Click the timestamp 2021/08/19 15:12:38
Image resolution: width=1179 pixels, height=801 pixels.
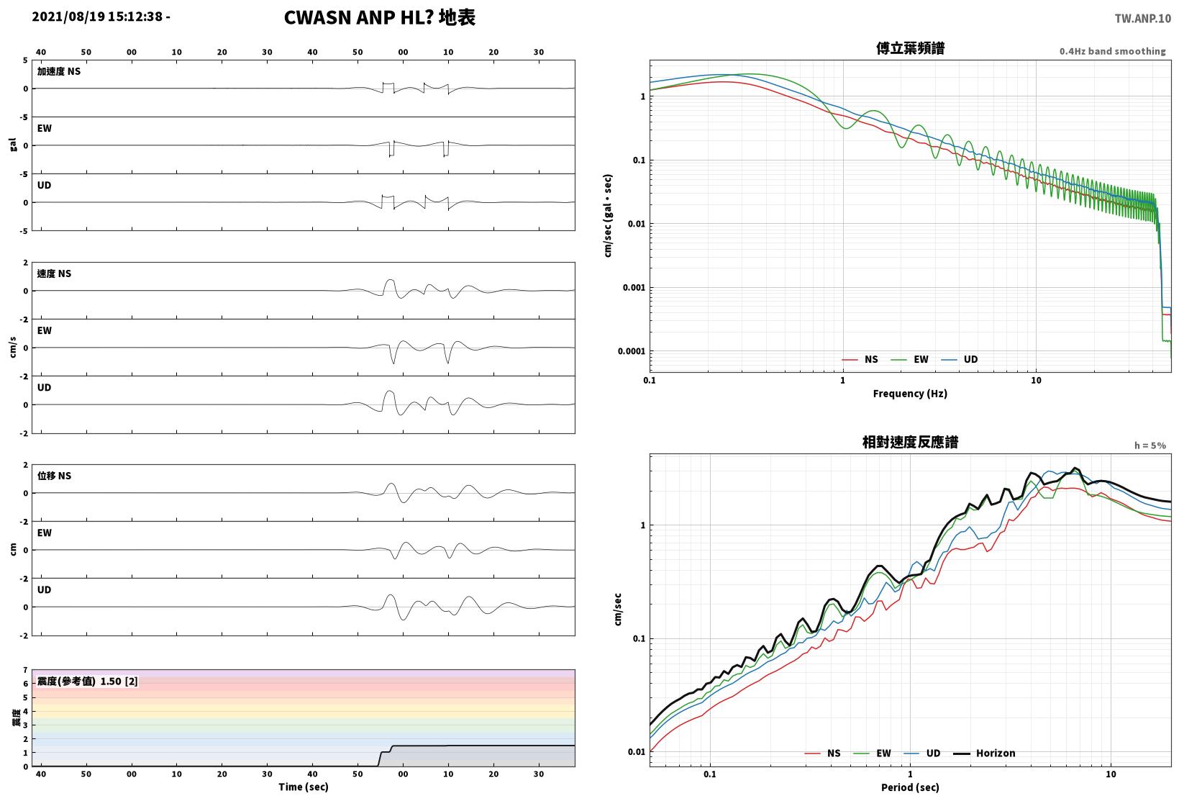[x=97, y=17]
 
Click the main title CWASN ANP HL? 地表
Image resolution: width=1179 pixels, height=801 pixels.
[x=380, y=17]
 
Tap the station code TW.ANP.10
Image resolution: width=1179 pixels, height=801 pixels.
[x=1143, y=19]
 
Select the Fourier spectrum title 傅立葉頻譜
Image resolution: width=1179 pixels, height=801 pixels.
[x=910, y=48]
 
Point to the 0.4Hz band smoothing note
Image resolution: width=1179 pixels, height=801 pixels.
[x=1113, y=51]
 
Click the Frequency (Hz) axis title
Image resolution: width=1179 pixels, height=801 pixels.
[x=910, y=394]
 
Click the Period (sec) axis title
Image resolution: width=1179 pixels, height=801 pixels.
[x=910, y=787]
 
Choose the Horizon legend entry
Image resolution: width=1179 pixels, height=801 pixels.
[x=985, y=753]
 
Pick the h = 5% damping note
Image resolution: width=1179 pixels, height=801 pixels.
[x=1150, y=445]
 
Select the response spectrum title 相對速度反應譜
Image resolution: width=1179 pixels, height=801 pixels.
[x=910, y=442]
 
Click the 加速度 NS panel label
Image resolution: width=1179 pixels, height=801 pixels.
[x=59, y=71]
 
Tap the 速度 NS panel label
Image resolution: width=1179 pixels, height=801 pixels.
[x=54, y=273]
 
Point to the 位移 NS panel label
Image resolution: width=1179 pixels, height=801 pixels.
[x=54, y=476]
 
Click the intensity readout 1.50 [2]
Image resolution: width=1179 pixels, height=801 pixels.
[x=119, y=681]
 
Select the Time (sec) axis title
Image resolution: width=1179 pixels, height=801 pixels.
[x=303, y=787]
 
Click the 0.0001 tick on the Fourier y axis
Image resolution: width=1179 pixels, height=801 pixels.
[x=631, y=351]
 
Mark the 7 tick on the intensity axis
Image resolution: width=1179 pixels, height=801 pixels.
[x=25, y=670]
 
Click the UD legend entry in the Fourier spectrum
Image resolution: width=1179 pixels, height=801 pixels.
[x=960, y=359]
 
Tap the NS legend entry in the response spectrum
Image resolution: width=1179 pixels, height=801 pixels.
[x=823, y=753]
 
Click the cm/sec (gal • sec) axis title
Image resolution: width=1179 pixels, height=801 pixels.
[x=608, y=216]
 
